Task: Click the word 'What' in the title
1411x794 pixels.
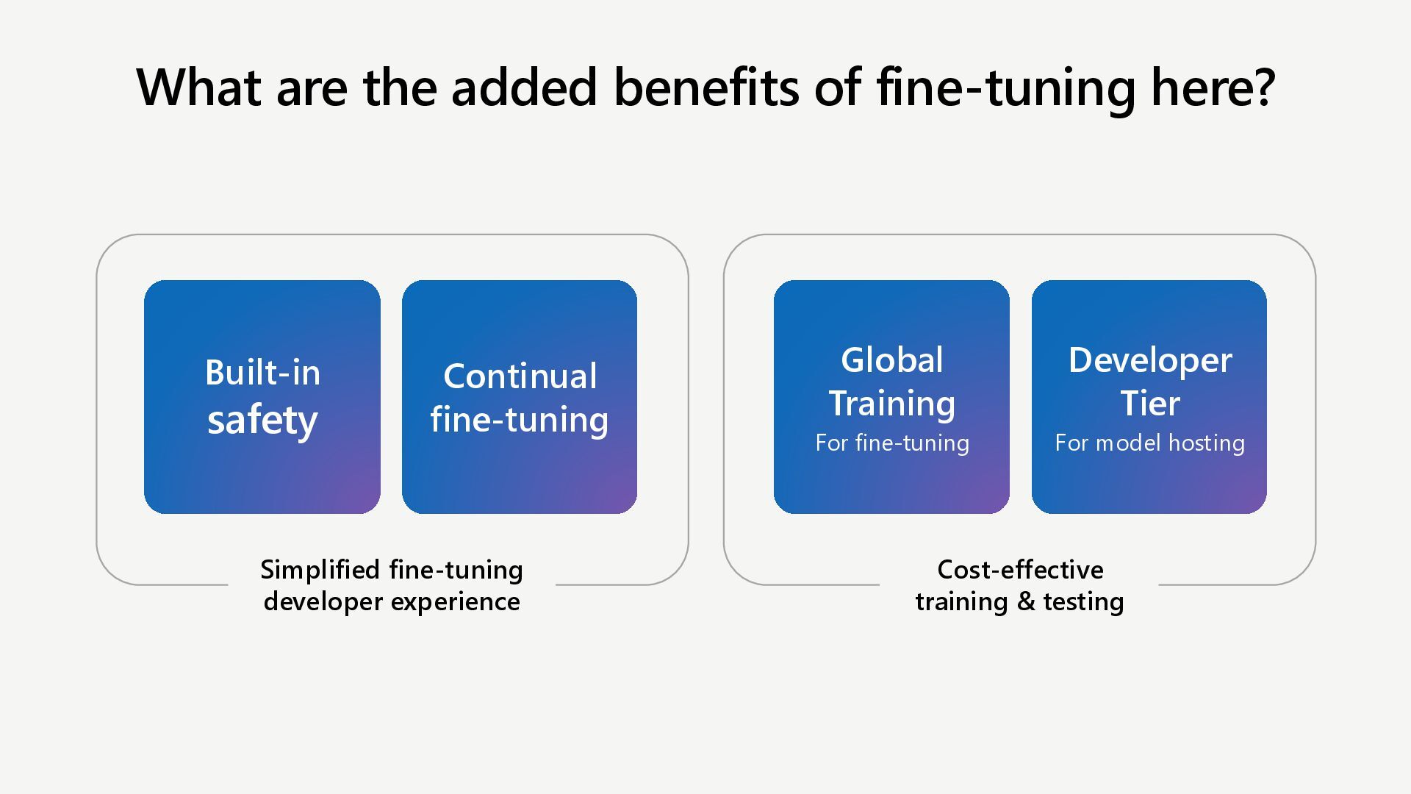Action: click(198, 87)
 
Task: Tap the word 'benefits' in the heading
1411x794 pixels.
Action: click(705, 87)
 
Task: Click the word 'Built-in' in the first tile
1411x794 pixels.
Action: click(262, 373)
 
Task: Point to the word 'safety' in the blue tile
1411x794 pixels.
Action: click(262, 420)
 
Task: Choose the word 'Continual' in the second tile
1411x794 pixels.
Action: click(520, 376)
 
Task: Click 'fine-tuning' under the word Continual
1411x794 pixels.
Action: click(520, 420)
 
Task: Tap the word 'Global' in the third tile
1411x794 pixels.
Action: click(891, 360)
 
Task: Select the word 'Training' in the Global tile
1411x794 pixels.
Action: click(891, 404)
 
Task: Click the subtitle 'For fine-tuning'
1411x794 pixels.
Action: click(891, 443)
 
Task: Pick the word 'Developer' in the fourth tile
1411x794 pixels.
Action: click(1149, 360)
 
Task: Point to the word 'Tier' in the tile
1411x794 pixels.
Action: click(1149, 404)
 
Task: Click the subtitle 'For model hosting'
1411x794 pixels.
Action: click(1149, 443)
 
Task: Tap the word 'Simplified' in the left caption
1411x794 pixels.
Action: click(320, 570)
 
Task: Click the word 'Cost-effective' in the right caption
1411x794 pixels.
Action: click(1020, 570)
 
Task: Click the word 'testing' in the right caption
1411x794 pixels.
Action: click(1083, 601)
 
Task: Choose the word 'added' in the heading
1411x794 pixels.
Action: click(523, 87)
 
